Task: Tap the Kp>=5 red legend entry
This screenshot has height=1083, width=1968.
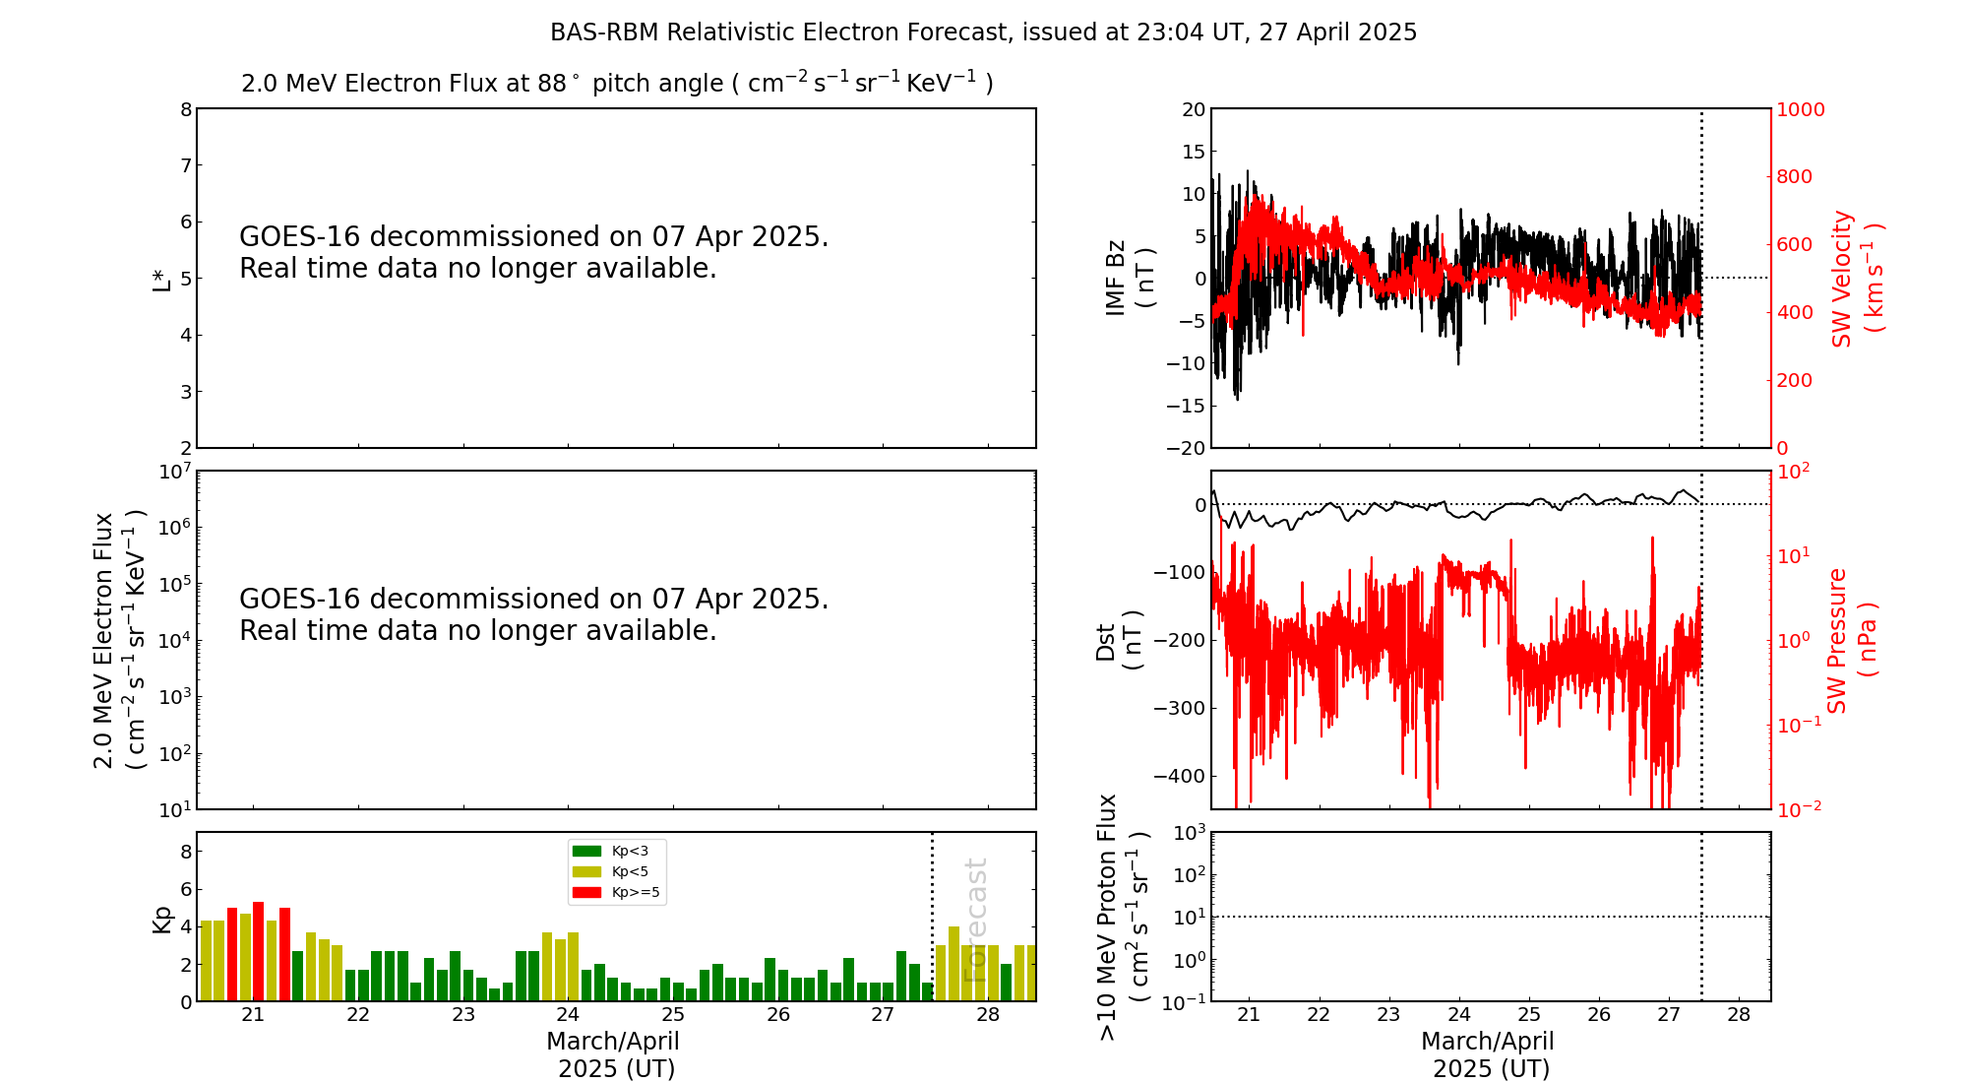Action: click(x=616, y=893)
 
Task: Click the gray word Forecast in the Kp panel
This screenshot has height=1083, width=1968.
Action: click(x=975, y=921)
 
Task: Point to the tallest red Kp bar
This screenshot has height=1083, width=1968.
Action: click(x=258, y=951)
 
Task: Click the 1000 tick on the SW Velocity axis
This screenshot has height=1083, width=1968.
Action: click(x=1800, y=109)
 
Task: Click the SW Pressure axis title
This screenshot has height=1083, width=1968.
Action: click(x=1853, y=641)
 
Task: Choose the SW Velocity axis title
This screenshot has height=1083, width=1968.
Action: click(x=1858, y=279)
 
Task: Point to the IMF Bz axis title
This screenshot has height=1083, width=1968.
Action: click(x=1130, y=278)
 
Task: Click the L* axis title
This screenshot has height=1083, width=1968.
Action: click(x=161, y=280)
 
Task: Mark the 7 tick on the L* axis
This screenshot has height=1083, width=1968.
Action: click(x=185, y=165)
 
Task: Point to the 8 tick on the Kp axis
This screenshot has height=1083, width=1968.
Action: click(x=185, y=852)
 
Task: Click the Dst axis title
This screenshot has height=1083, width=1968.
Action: click(x=1119, y=641)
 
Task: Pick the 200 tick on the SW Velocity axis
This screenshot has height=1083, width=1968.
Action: click(x=1794, y=380)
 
